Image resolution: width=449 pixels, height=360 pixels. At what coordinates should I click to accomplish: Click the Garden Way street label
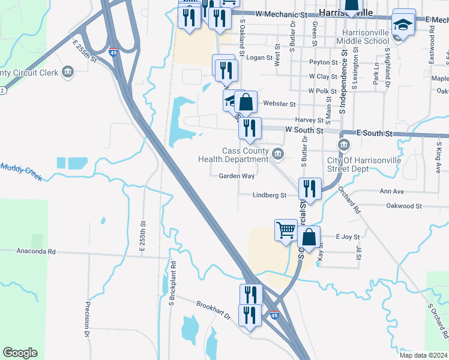237,176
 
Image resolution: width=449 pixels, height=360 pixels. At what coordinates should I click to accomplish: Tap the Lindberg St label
269,196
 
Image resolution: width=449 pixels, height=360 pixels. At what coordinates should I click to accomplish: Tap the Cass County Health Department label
237,155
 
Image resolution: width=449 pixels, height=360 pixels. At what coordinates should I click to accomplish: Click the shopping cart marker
286,230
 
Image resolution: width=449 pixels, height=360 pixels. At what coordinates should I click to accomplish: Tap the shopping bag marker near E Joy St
309,236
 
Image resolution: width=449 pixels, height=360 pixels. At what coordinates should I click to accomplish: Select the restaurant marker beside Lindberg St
310,188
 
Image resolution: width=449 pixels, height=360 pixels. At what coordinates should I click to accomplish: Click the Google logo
20,353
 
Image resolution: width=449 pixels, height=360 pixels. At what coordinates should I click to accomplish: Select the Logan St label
260,58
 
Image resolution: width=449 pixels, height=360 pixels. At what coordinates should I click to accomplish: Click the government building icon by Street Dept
344,145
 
